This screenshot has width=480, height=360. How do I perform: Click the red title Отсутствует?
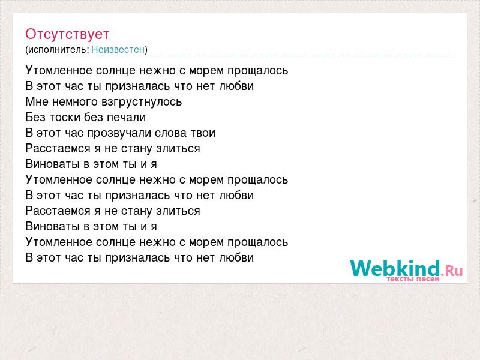click(67, 34)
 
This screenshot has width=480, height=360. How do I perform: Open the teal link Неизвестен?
click(118, 49)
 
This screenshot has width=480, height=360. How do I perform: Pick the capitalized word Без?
click(35, 117)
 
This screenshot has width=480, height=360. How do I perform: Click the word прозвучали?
click(119, 133)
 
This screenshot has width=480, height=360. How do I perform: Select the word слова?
click(170, 133)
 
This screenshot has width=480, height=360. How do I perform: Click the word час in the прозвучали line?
click(74, 133)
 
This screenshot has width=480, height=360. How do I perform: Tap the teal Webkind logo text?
click(395, 268)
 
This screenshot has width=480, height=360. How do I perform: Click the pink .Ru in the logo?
click(452, 271)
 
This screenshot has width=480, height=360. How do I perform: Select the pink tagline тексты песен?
click(413, 279)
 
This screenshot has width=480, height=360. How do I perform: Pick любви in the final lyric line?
click(236, 257)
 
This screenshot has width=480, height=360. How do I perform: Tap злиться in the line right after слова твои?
click(178, 148)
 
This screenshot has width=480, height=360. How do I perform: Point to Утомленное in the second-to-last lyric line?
click(59, 242)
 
